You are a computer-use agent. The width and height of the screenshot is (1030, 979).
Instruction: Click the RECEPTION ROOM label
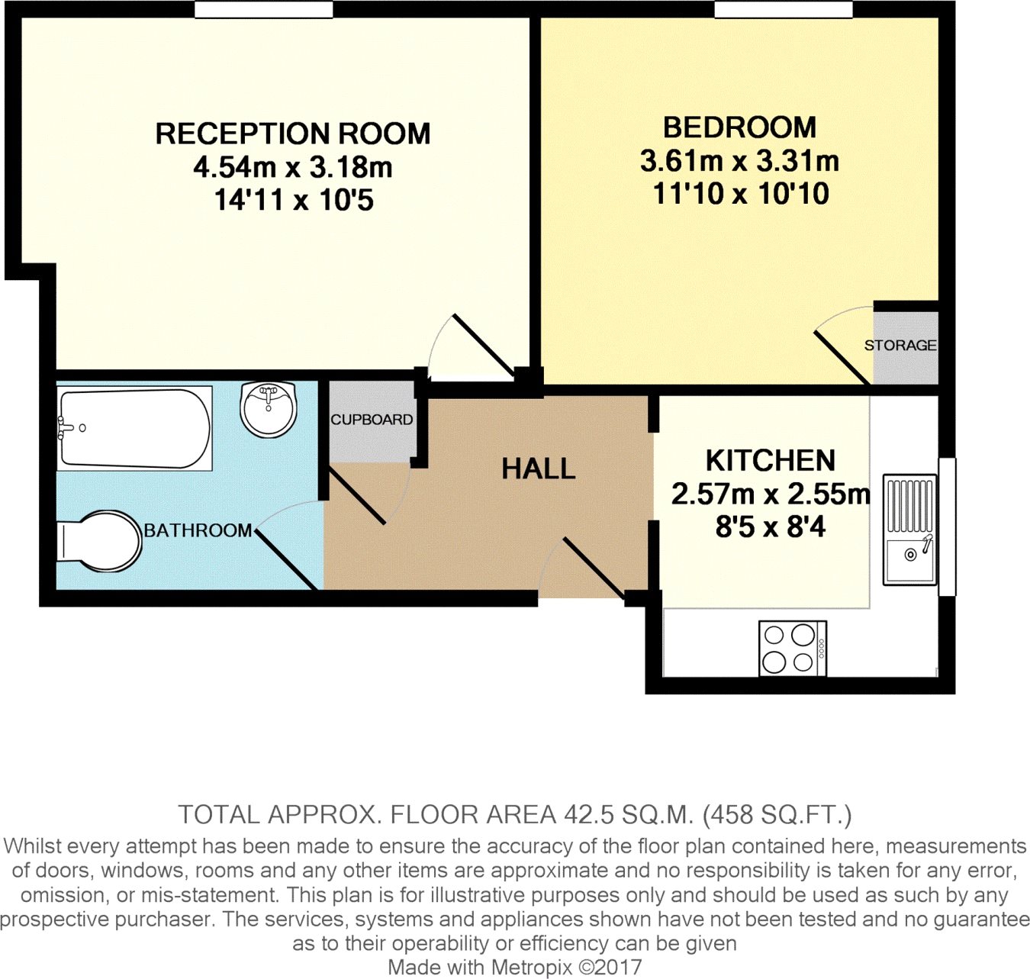click(x=293, y=134)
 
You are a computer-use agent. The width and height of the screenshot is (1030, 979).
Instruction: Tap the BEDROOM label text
click(x=739, y=127)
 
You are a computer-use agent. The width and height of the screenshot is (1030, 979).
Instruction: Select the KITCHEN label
click(x=770, y=461)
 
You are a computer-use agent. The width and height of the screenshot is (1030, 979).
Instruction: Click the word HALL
click(x=539, y=469)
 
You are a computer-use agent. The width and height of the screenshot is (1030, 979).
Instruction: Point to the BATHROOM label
click(x=198, y=530)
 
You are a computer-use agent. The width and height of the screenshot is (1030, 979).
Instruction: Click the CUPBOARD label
click(x=372, y=420)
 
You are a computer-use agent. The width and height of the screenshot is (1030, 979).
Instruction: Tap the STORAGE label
click(x=900, y=345)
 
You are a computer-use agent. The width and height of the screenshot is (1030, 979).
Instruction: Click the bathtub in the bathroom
click(x=134, y=429)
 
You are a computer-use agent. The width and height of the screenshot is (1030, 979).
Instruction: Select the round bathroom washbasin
click(x=269, y=409)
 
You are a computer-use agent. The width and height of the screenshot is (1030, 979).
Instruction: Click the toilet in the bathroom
click(x=99, y=541)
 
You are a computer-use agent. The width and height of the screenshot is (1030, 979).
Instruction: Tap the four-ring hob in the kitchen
click(x=792, y=648)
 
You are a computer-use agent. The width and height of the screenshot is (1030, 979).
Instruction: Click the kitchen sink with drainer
click(x=909, y=530)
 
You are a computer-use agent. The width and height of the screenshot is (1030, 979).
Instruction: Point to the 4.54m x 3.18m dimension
click(x=293, y=167)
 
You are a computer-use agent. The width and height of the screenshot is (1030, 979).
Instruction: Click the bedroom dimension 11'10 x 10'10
click(x=740, y=194)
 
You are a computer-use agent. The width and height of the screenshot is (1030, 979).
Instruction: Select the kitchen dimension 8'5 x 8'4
click(x=770, y=527)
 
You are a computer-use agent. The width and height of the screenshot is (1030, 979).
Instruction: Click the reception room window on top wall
click(x=263, y=9)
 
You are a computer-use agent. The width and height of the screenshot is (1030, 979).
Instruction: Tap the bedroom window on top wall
click(x=783, y=9)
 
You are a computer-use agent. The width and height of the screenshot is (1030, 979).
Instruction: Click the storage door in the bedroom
click(x=842, y=357)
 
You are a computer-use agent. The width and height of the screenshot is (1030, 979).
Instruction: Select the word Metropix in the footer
click(x=531, y=967)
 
